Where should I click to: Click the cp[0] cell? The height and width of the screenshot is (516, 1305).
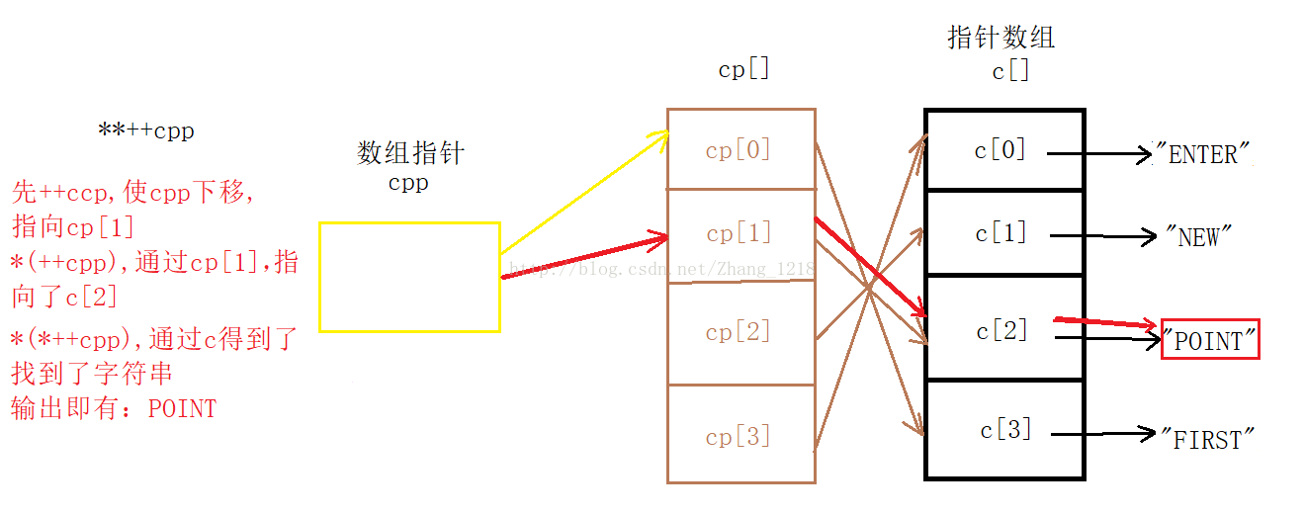point(739,150)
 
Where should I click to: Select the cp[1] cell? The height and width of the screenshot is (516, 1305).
point(739,234)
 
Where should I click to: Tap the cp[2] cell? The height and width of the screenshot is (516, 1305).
point(739,332)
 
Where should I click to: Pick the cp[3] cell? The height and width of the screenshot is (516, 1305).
point(739,436)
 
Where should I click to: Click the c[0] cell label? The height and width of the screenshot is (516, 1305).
point(1000,150)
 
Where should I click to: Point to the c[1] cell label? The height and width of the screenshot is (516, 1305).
point(1001,234)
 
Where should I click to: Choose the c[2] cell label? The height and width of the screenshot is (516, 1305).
point(1001,331)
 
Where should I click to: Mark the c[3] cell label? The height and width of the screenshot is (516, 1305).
point(1006,430)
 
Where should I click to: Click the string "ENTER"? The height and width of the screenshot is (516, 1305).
point(1203,155)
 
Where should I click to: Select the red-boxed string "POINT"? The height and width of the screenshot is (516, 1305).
point(1210,340)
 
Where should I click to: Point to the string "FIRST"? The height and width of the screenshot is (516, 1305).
point(1206,439)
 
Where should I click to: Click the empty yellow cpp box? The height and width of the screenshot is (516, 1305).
point(409,277)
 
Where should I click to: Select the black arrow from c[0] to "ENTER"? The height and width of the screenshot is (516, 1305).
point(1097,154)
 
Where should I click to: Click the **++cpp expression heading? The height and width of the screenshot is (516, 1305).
point(146,130)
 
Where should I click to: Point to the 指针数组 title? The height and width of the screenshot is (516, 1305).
point(1001,38)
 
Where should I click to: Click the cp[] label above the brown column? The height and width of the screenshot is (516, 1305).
point(743,69)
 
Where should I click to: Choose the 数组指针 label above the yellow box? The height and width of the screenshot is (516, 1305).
point(410,153)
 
